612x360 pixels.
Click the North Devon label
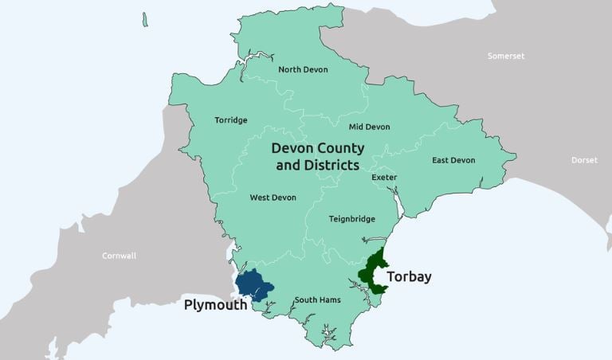pos(303,69)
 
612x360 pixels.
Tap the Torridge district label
pos(231,121)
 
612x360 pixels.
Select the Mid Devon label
pos(370,127)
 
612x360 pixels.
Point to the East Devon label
pos(453,161)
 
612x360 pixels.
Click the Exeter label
pos(384,178)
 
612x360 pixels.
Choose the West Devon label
pos(273,198)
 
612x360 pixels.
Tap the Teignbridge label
pos(351,219)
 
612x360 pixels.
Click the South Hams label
pos(317,300)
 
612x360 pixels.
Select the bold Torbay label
pos(409,277)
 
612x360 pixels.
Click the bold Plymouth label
pos(215,305)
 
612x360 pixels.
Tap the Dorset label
pos(584,160)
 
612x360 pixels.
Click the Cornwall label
pos(119,256)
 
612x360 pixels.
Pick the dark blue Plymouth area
pos(253,284)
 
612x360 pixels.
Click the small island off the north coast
pos(144,19)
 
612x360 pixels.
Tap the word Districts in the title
pos(328,166)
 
